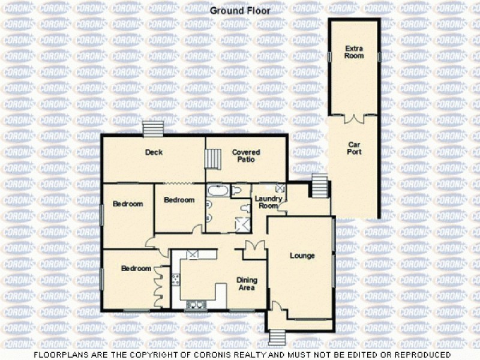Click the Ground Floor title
click(239, 10)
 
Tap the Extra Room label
click(354, 52)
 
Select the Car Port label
click(354, 148)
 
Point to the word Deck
click(154, 152)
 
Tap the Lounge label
click(302, 256)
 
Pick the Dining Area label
click(245, 284)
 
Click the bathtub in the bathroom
click(217, 191)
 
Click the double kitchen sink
click(196, 304)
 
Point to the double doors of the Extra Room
click(354, 118)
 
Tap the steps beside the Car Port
click(319, 184)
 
